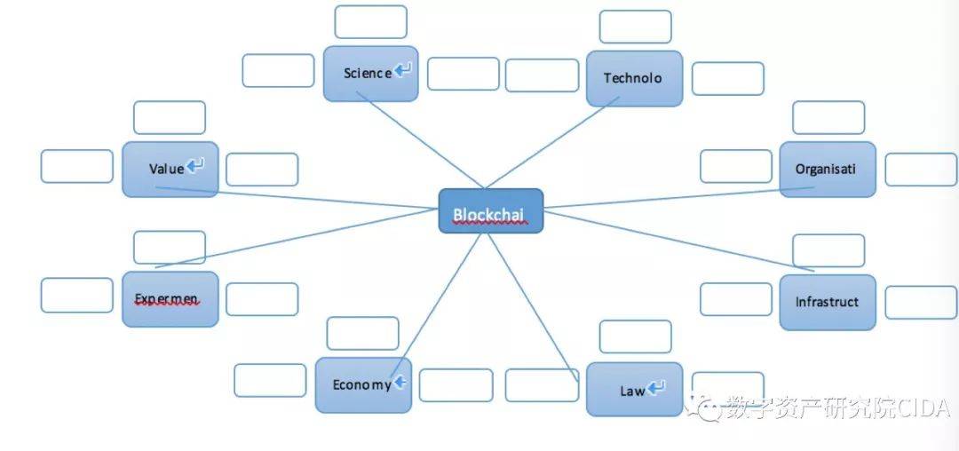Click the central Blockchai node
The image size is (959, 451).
[491, 211]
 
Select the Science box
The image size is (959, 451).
[370, 74]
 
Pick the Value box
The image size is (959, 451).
[170, 169]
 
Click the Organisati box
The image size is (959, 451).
[827, 169]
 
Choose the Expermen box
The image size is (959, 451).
[170, 299]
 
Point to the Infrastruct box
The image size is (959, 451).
[827, 302]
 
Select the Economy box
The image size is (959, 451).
[363, 384]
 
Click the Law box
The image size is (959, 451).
[634, 390]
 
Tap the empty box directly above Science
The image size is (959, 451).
[370, 22]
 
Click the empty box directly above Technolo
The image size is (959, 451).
[635, 27]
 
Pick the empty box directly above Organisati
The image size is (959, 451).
[828, 117]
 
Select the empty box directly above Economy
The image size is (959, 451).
[362, 333]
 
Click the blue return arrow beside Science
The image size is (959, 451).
[404, 70]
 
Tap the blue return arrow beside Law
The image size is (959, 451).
[657, 388]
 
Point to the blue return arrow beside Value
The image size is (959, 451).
[196, 165]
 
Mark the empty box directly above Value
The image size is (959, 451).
[169, 117]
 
